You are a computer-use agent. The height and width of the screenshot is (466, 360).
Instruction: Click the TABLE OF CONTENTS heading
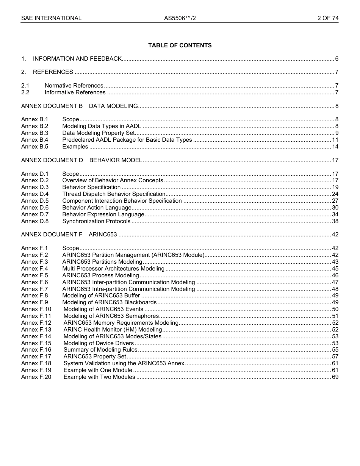tap(180, 45)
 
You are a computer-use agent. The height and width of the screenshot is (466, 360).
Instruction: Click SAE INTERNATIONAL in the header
tap(51, 18)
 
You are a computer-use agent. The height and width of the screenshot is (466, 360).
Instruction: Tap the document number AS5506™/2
tap(180, 18)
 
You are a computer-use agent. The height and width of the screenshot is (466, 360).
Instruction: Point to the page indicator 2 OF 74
tap(328, 18)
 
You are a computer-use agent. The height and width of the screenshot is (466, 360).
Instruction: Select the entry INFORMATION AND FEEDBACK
tap(77, 59)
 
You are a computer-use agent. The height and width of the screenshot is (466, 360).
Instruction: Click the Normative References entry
tap(74, 86)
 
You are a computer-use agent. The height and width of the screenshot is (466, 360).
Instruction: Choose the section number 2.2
tap(25, 92)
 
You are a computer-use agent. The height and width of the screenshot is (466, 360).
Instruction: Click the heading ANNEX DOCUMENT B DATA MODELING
tap(80, 106)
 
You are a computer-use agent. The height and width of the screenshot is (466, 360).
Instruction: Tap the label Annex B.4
tap(35, 140)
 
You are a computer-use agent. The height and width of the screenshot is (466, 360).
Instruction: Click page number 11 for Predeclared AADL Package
tap(335, 140)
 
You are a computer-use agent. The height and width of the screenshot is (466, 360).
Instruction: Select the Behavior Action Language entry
tap(97, 208)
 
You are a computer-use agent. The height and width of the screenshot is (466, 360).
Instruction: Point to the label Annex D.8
tap(35, 221)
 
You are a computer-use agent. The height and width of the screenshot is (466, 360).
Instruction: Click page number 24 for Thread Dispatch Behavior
tap(335, 194)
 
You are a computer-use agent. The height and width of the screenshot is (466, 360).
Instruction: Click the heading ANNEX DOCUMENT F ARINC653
tap(69, 235)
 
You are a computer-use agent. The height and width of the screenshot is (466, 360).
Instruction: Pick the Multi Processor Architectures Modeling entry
tap(113, 269)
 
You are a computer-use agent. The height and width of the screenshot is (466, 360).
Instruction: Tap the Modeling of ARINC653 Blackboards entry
tap(110, 302)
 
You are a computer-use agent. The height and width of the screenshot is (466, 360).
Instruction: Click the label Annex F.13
tap(36, 330)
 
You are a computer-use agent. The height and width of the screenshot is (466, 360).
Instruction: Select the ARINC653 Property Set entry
tap(95, 357)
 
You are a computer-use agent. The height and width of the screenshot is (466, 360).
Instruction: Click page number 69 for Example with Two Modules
tap(335, 377)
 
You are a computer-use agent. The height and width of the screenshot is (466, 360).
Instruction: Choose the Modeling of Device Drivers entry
tap(99, 343)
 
